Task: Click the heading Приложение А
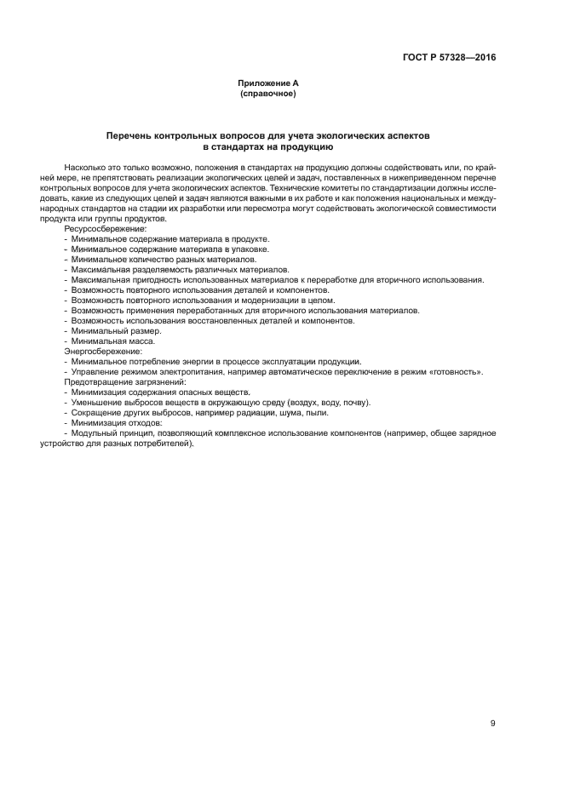(x=267, y=83)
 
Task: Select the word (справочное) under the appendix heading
(x=267, y=93)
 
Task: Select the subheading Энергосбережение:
(x=103, y=352)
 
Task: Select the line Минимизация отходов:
(x=117, y=423)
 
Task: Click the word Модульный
(x=92, y=433)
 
